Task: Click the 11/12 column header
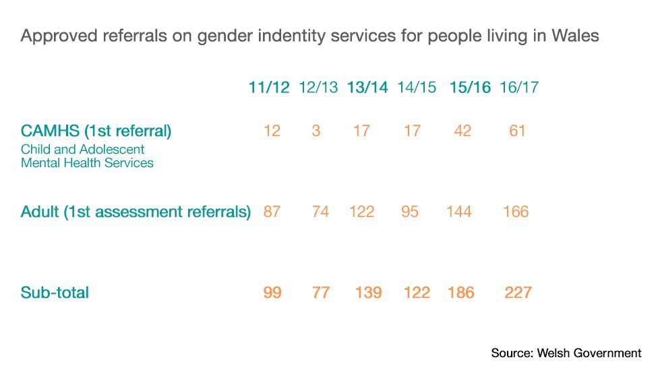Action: (269, 88)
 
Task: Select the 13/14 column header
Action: (367, 88)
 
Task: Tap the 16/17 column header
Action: (519, 88)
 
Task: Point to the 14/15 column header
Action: (417, 88)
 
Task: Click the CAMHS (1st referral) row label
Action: (96, 131)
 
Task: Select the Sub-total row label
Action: (55, 292)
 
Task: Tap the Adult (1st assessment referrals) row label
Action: (136, 212)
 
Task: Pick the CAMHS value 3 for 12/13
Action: (316, 131)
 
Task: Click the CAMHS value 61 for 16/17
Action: (517, 131)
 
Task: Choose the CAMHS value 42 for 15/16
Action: (462, 131)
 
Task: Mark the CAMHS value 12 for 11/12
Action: (272, 131)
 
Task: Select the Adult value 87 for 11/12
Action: (272, 212)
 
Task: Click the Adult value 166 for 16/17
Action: (516, 212)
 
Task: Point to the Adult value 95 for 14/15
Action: (409, 212)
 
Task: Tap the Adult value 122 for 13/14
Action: (362, 212)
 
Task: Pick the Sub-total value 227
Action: (518, 292)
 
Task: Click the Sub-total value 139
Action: (368, 292)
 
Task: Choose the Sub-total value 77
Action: (321, 292)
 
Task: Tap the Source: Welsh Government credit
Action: (566, 353)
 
